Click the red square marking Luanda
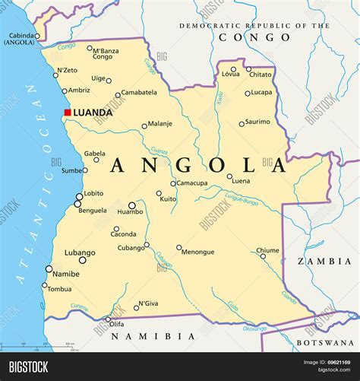67,113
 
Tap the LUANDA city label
93,113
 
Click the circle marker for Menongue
179,247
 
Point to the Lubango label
80,252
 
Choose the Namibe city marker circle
49,268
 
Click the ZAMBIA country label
324,260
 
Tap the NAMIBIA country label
159,335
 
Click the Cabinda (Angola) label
19,39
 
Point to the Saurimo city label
257,121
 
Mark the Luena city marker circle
229,176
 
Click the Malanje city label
159,123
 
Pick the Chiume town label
267,249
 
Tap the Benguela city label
93,210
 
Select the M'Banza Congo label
105,53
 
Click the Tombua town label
59,289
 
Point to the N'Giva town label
147,303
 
